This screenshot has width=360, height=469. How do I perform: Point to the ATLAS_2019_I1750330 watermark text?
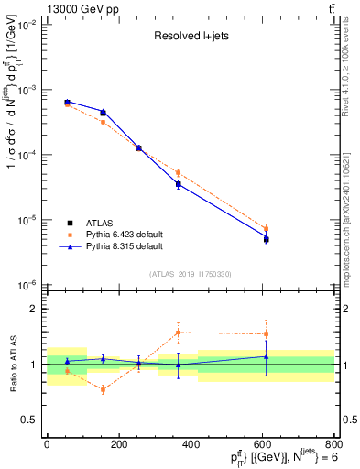(191, 273)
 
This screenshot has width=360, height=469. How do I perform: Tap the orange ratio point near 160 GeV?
(103, 389)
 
